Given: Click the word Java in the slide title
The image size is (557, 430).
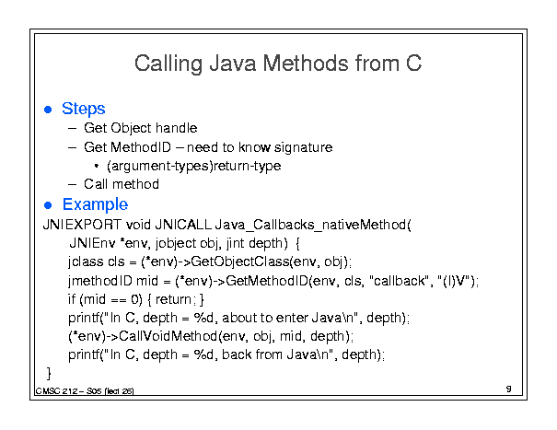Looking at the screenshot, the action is point(233,64).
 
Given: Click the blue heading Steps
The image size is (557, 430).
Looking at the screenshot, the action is point(84,109).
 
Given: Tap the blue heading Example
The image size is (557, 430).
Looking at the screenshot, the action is point(95,204).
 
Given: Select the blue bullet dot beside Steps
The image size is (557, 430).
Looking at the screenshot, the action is point(48,110).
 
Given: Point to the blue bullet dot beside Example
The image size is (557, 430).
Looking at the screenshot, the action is point(48,205).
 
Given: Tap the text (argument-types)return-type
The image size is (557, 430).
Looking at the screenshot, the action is point(194,166).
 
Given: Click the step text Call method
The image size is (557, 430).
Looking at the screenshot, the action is point(122,184).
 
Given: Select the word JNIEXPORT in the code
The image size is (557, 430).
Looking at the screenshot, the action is point(82,225).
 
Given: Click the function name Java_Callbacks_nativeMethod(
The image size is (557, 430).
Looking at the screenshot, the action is point(313,225).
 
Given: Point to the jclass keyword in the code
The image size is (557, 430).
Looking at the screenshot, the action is point(86,261).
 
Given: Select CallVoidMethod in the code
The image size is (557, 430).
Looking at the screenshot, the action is point(168,336).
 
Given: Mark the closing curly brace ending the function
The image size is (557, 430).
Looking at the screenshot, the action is point(49,374).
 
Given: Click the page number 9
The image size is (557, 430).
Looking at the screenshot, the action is point(509,389).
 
